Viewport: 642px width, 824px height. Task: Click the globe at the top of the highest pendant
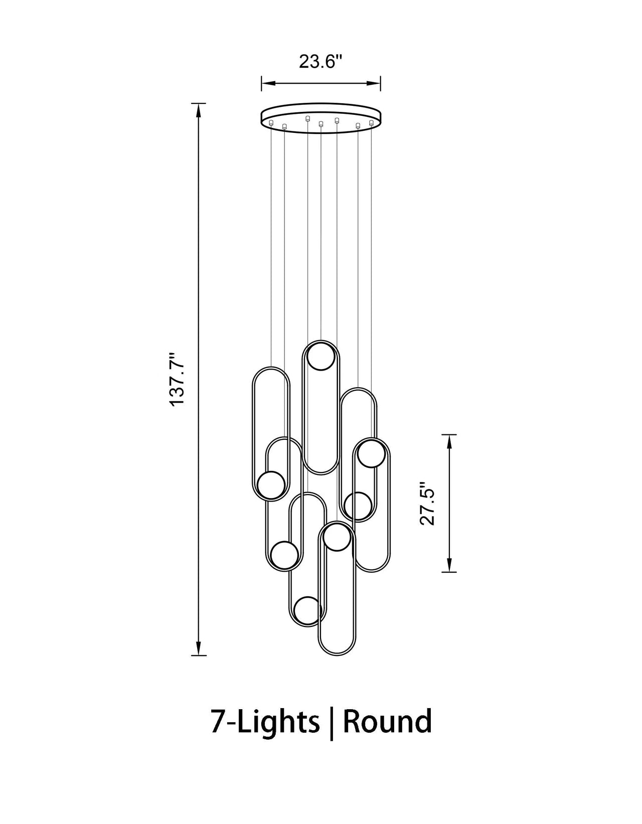pyautogui.click(x=321, y=357)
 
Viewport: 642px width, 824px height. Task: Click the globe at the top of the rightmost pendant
pyautogui.click(x=372, y=453)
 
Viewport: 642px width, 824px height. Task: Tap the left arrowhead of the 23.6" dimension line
pyautogui.click(x=265, y=83)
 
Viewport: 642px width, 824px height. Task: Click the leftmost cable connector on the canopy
pyautogui.click(x=271, y=122)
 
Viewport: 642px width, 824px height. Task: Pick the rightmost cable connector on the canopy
pyautogui.click(x=371, y=122)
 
